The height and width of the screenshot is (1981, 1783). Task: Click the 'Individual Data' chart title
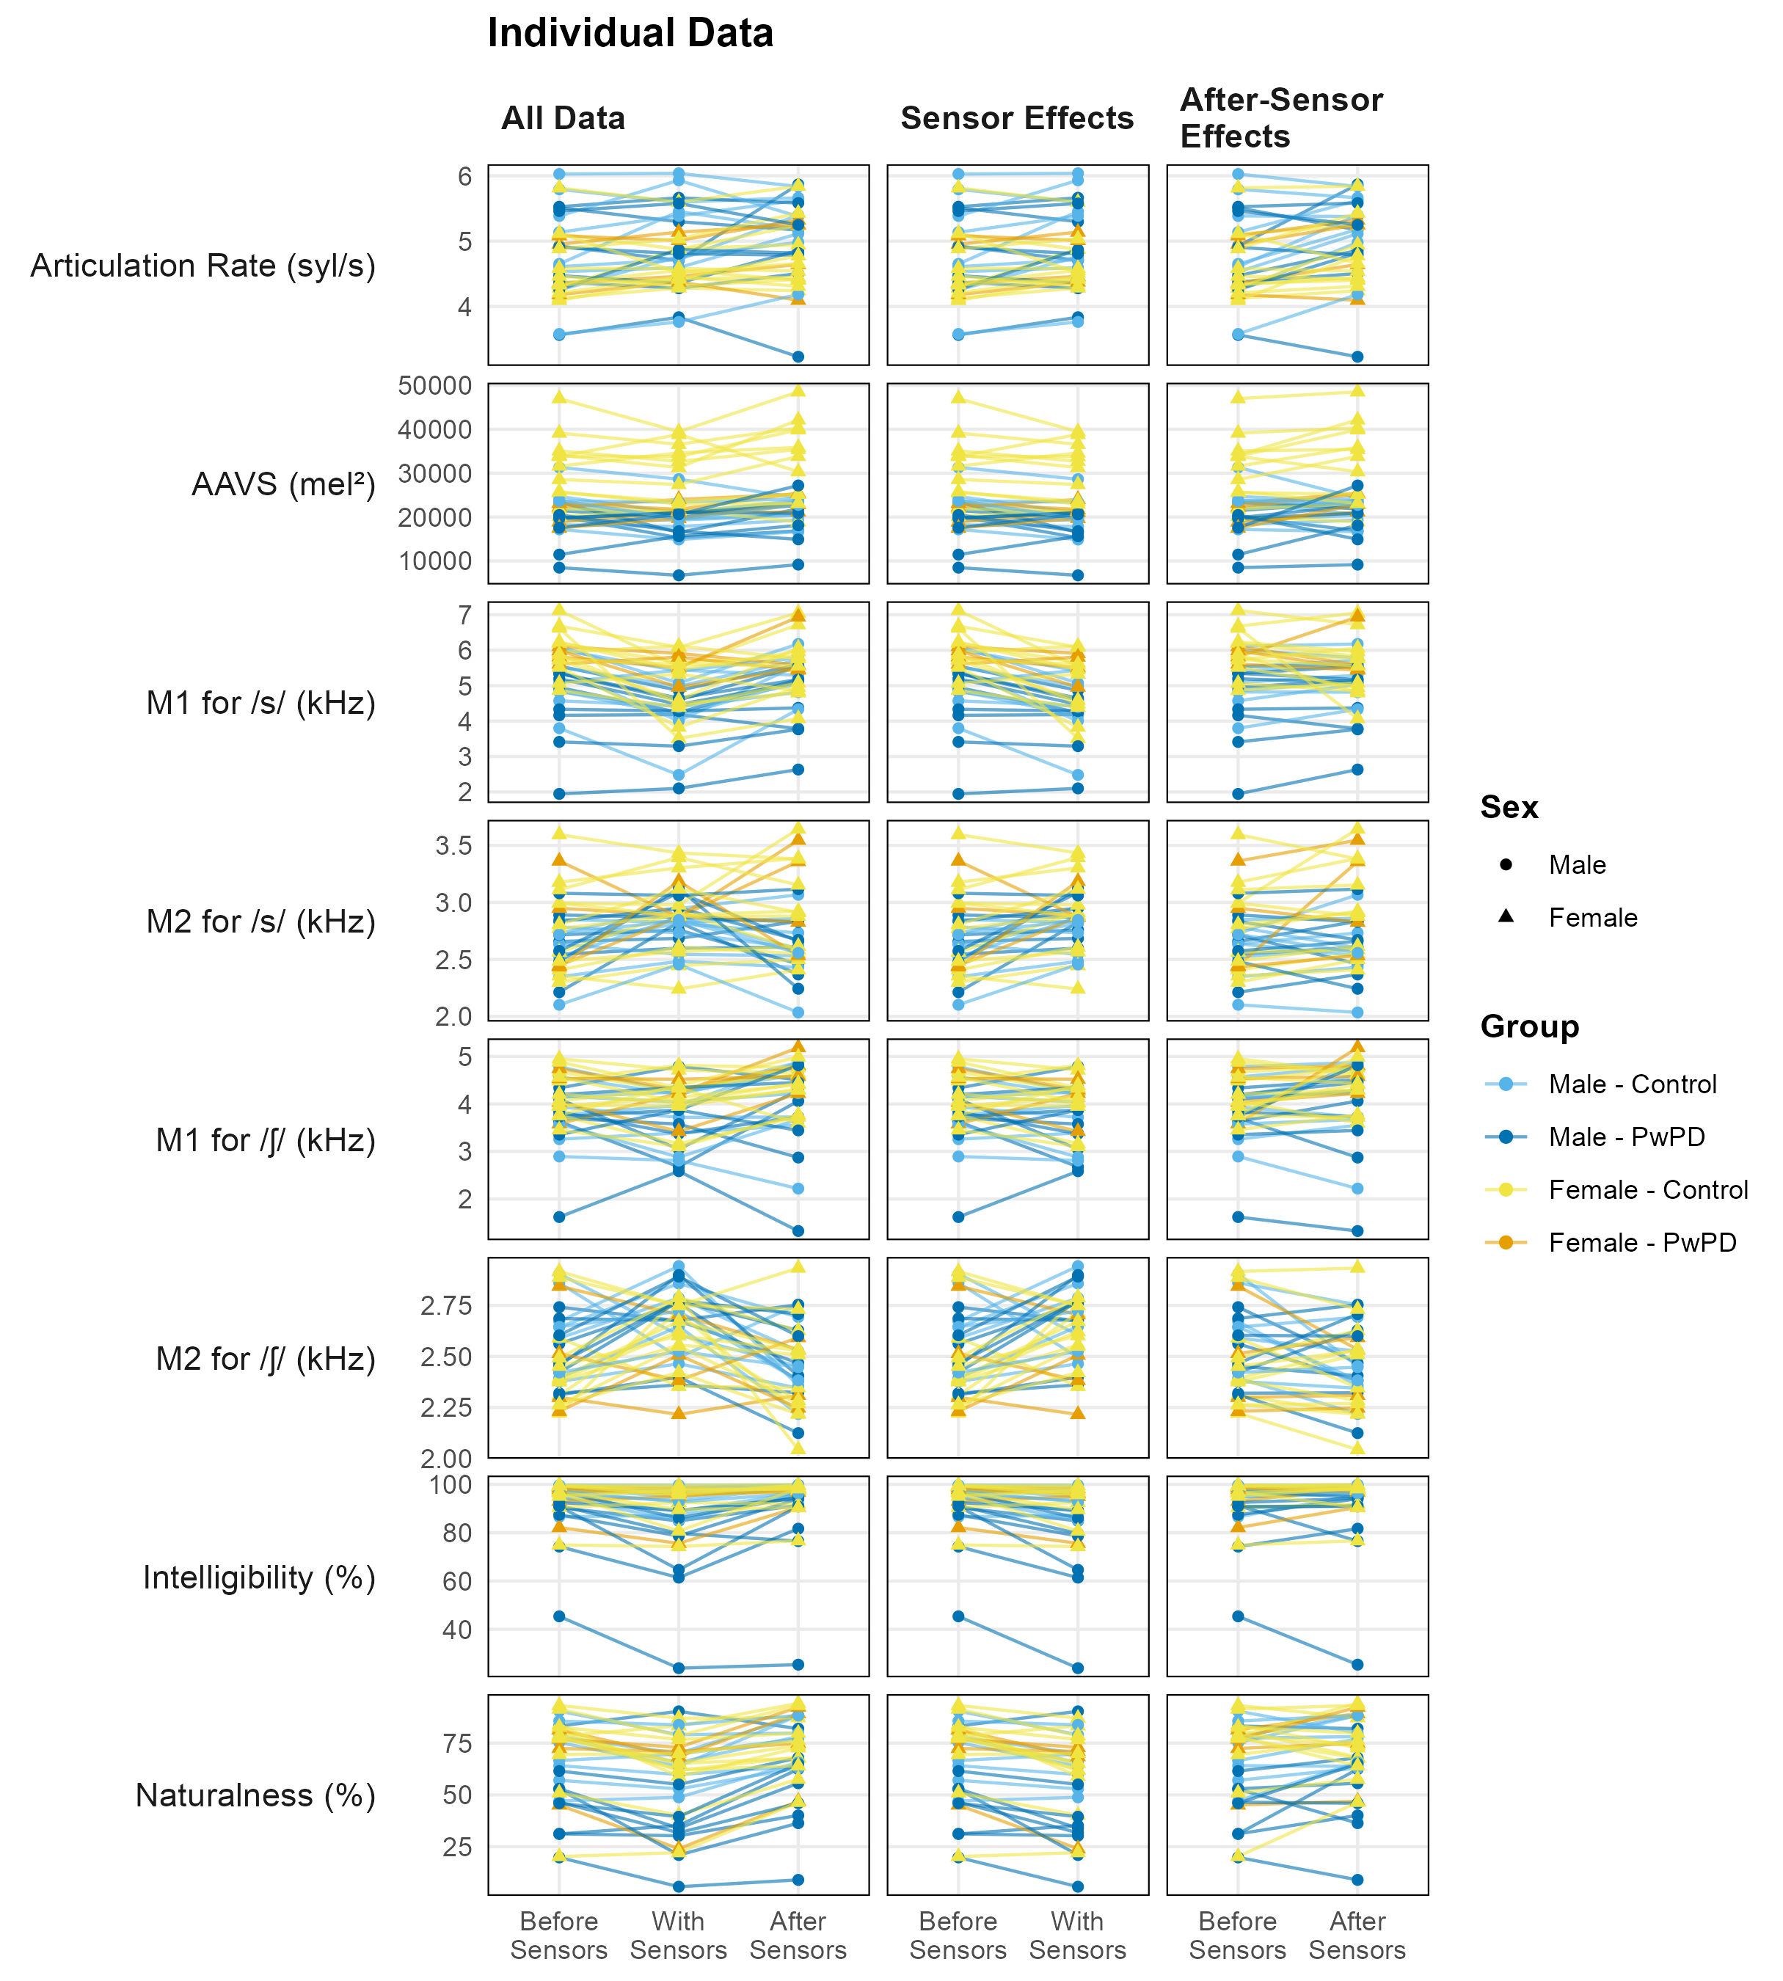tap(630, 33)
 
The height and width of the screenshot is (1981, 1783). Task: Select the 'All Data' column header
tap(564, 119)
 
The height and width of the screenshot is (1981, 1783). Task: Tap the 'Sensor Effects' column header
tap(1017, 119)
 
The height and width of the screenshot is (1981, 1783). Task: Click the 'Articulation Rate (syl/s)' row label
tap(203, 266)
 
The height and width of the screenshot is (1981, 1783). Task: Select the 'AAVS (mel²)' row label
tap(284, 484)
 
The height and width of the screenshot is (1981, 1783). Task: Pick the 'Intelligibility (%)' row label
tap(260, 1577)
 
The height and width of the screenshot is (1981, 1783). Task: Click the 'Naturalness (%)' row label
tap(255, 1796)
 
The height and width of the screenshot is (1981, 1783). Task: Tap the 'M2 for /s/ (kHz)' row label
tap(261, 922)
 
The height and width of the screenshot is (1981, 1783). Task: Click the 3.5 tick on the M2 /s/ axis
tap(453, 845)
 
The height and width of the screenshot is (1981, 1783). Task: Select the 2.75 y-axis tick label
tap(447, 1306)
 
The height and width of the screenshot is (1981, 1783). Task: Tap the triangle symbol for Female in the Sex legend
tap(1506, 917)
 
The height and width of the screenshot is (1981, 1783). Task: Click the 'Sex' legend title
tap(1509, 807)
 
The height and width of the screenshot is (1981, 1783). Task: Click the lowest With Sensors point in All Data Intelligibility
tap(678, 1668)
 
